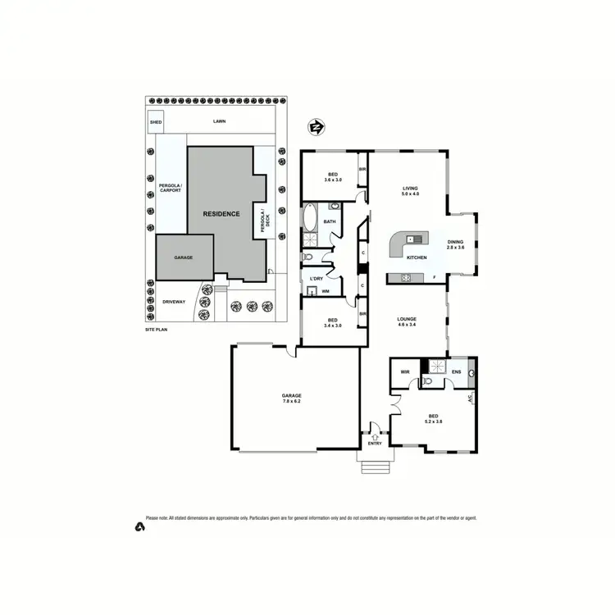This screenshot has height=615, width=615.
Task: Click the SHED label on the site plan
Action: (155, 123)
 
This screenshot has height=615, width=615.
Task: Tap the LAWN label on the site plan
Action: (219, 121)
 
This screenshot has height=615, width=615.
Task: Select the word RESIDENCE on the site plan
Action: (222, 214)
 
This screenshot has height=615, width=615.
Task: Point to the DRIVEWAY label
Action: (174, 302)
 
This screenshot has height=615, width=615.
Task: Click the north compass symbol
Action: (316, 126)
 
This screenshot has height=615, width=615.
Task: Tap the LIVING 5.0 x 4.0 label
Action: (410, 190)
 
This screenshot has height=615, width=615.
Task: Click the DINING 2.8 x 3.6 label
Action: (455, 244)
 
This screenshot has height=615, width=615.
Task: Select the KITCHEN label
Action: (417, 258)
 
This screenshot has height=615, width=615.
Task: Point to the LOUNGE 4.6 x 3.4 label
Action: (408, 321)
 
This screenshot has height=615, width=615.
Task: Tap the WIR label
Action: (405, 371)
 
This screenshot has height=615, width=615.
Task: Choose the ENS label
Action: (456, 371)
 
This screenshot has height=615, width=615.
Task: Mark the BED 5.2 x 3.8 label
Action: (434, 417)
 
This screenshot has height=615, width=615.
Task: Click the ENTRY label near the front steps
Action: (375, 444)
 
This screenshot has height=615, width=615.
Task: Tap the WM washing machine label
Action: (326, 291)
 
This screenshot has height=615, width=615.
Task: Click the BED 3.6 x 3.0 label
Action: (333, 177)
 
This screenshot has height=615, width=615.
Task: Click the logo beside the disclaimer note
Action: (139, 526)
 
